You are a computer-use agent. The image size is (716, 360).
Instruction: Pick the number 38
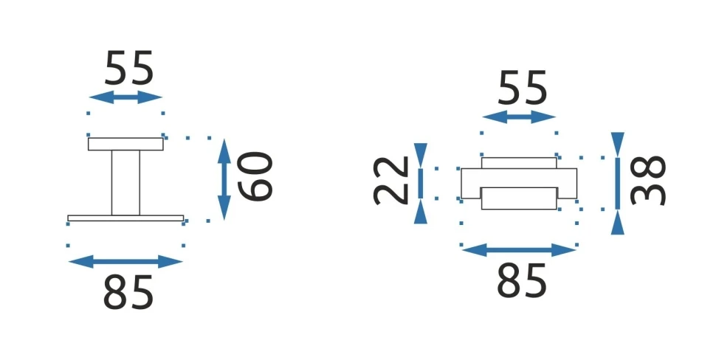pos(650,181)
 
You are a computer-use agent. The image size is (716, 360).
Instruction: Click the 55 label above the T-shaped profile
pos(129,69)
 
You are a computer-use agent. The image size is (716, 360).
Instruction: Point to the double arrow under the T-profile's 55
pos(125,97)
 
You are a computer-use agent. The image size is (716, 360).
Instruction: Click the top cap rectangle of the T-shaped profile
pos(125,144)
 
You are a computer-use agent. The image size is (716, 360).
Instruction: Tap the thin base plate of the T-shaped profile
pos(125,218)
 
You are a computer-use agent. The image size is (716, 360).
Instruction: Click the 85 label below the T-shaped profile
pos(128,292)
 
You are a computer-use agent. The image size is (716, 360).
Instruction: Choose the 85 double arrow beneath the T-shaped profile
pos(125,260)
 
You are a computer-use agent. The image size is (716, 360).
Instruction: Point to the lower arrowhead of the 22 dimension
pos(420,212)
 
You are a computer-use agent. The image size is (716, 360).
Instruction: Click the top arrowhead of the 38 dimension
pos(618,143)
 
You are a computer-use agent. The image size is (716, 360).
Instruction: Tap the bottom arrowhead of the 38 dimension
pos(618,223)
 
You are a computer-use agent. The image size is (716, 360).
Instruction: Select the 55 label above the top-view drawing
pos(523,89)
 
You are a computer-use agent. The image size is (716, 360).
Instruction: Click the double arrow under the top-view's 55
pos(518,117)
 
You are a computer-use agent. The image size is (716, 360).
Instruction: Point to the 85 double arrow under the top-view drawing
pos(518,250)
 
